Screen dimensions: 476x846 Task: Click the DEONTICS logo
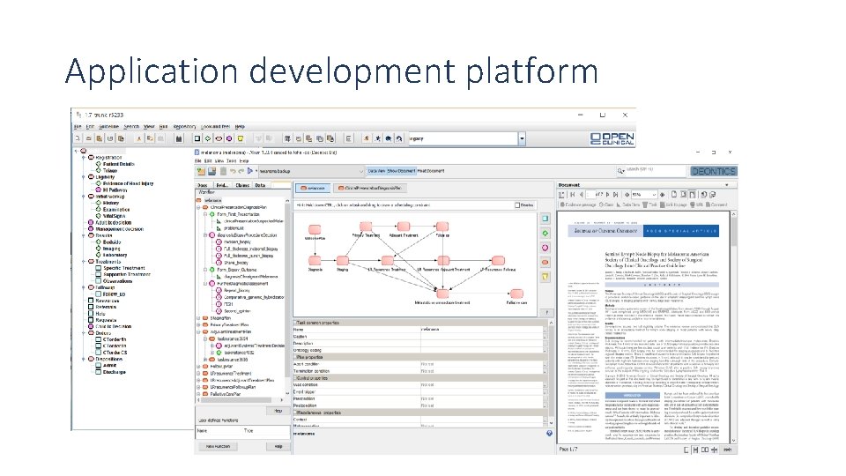[713, 171]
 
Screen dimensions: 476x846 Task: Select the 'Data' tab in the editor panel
[260, 185]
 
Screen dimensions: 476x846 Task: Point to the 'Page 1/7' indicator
[568, 450]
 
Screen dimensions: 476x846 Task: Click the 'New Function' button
[219, 447]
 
